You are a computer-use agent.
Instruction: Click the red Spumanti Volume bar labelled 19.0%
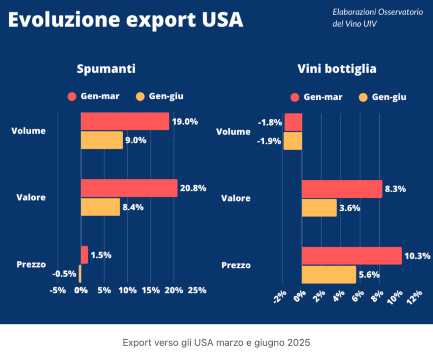click(x=125, y=121)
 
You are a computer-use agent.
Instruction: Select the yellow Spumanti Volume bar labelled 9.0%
click(x=101, y=140)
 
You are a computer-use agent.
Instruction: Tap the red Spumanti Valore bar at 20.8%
click(x=129, y=188)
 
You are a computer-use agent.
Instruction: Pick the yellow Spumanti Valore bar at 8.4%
click(x=100, y=207)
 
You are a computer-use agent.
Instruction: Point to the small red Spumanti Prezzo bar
click(x=84, y=255)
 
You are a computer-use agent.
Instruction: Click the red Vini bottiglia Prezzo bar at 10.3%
click(x=351, y=256)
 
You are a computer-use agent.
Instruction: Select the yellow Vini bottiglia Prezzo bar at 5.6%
click(x=329, y=274)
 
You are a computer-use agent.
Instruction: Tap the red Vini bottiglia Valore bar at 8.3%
click(x=342, y=189)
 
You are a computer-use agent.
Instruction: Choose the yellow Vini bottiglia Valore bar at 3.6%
click(x=319, y=207)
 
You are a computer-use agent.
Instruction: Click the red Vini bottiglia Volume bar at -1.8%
click(x=293, y=122)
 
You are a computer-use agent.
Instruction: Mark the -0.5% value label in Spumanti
click(x=64, y=274)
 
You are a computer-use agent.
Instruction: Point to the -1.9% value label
click(x=269, y=141)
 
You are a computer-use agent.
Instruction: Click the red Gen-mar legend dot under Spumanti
click(x=72, y=96)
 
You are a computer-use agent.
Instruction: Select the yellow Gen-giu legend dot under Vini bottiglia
click(x=363, y=97)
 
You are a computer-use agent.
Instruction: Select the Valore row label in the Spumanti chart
click(x=31, y=197)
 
